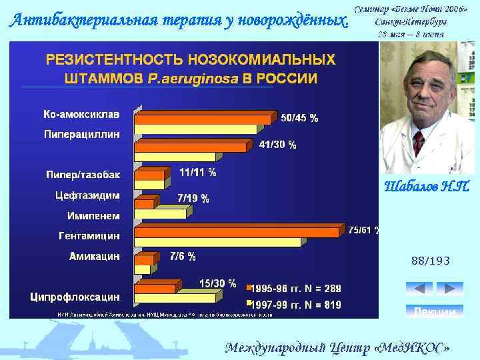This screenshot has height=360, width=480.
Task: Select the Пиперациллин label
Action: (82, 134)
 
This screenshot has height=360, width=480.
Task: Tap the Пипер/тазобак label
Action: (83, 175)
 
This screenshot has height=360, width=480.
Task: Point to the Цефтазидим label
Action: (87, 195)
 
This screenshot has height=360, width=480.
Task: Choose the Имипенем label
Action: (93, 215)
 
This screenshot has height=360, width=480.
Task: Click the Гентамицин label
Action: (89, 235)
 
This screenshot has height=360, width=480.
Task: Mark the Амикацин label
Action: (95, 255)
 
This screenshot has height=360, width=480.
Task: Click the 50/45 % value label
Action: (299, 118)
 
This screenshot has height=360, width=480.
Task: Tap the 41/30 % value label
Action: (278, 144)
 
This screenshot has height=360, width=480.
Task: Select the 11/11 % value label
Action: (198, 172)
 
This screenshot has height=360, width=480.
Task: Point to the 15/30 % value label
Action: (217, 283)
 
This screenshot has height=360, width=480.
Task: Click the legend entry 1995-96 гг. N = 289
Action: (294, 289)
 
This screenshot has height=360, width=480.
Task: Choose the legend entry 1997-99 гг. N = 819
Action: (294, 305)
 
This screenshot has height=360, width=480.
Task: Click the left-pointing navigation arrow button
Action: (419, 289)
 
